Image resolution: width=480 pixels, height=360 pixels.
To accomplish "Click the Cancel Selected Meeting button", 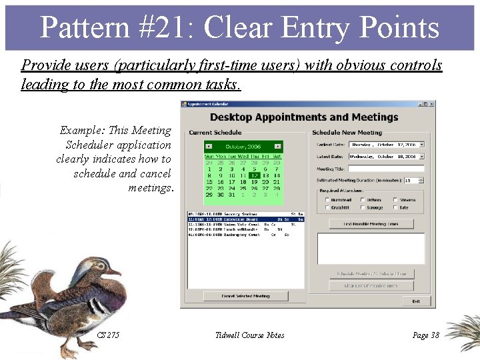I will [x=245, y=296].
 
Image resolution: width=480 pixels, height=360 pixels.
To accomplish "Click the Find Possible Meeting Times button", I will [x=371, y=224].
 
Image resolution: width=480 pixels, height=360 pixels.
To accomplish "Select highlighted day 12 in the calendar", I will [x=255, y=175].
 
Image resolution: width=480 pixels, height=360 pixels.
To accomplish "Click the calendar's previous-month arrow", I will [x=209, y=146].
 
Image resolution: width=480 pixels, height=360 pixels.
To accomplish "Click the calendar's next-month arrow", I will [x=278, y=146].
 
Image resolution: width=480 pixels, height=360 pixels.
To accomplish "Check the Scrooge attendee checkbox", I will [x=363, y=207].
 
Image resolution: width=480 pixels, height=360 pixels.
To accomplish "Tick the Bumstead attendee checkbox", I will [x=326, y=199].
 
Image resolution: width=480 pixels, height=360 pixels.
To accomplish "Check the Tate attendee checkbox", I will [x=396, y=207].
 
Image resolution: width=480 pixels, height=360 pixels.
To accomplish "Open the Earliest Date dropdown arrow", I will [x=422, y=144].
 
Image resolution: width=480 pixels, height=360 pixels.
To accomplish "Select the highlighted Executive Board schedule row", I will [x=245, y=219].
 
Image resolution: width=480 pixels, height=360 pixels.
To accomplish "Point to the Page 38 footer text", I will [x=425, y=335].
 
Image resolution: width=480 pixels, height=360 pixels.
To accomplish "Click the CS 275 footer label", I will [x=108, y=335].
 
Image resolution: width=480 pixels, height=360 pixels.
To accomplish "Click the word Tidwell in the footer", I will [x=229, y=335].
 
